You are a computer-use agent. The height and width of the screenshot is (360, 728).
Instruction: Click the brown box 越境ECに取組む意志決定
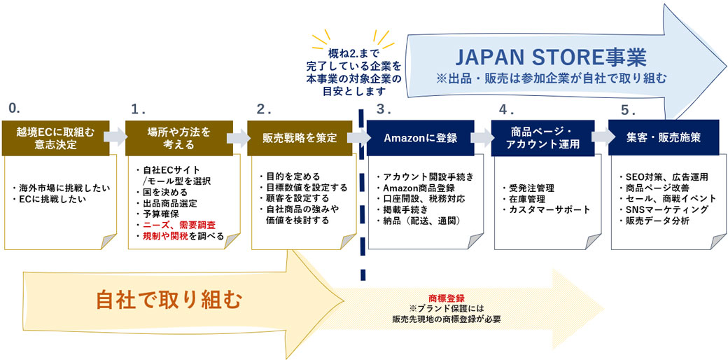[x=54, y=137]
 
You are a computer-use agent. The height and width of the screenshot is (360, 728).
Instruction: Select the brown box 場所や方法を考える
[x=178, y=137]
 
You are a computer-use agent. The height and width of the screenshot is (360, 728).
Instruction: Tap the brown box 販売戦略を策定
[x=300, y=138]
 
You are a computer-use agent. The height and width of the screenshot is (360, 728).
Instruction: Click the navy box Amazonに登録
[x=421, y=138]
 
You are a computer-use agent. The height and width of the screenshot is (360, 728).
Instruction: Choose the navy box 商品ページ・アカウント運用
[x=542, y=137]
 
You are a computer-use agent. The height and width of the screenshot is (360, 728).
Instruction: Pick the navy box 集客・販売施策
[x=664, y=138]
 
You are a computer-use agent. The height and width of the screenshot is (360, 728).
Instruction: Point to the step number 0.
[x=13, y=108]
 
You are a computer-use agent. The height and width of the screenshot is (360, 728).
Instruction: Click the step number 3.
[x=381, y=109]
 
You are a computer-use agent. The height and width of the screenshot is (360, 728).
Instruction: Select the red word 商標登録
[x=447, y=297]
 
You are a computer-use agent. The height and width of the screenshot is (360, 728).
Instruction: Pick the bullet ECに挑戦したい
[x=49, y=200]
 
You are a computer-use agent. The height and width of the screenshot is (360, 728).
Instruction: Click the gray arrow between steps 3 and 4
[x=482, y=138]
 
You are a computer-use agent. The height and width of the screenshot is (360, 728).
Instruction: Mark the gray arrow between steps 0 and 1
[x=115, y=137]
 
